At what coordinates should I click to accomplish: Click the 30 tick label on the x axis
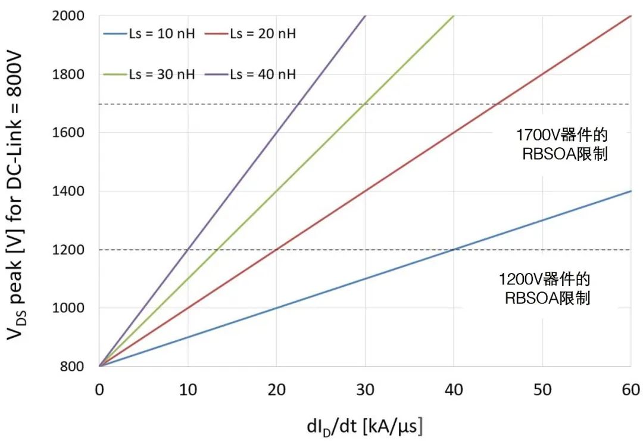pyautogui.click(x=364, y=390)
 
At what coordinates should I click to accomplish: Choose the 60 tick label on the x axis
pyautogui.click(x=630, y=390)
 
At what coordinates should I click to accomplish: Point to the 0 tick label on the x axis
pyautogui.click(x=99, y=390)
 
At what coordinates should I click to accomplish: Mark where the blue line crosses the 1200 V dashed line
pyautogui.click(x=454, y=250)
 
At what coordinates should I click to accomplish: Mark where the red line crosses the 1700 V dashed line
pyautogui.click(x=498, y=104)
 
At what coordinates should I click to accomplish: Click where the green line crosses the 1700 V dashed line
pyautogui.click(x=364, y=104)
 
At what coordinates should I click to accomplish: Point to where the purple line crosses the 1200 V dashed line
pyautogui.click(x=188, y=250)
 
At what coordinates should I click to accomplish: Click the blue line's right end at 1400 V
pyautogui.click(x=630, y=191)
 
